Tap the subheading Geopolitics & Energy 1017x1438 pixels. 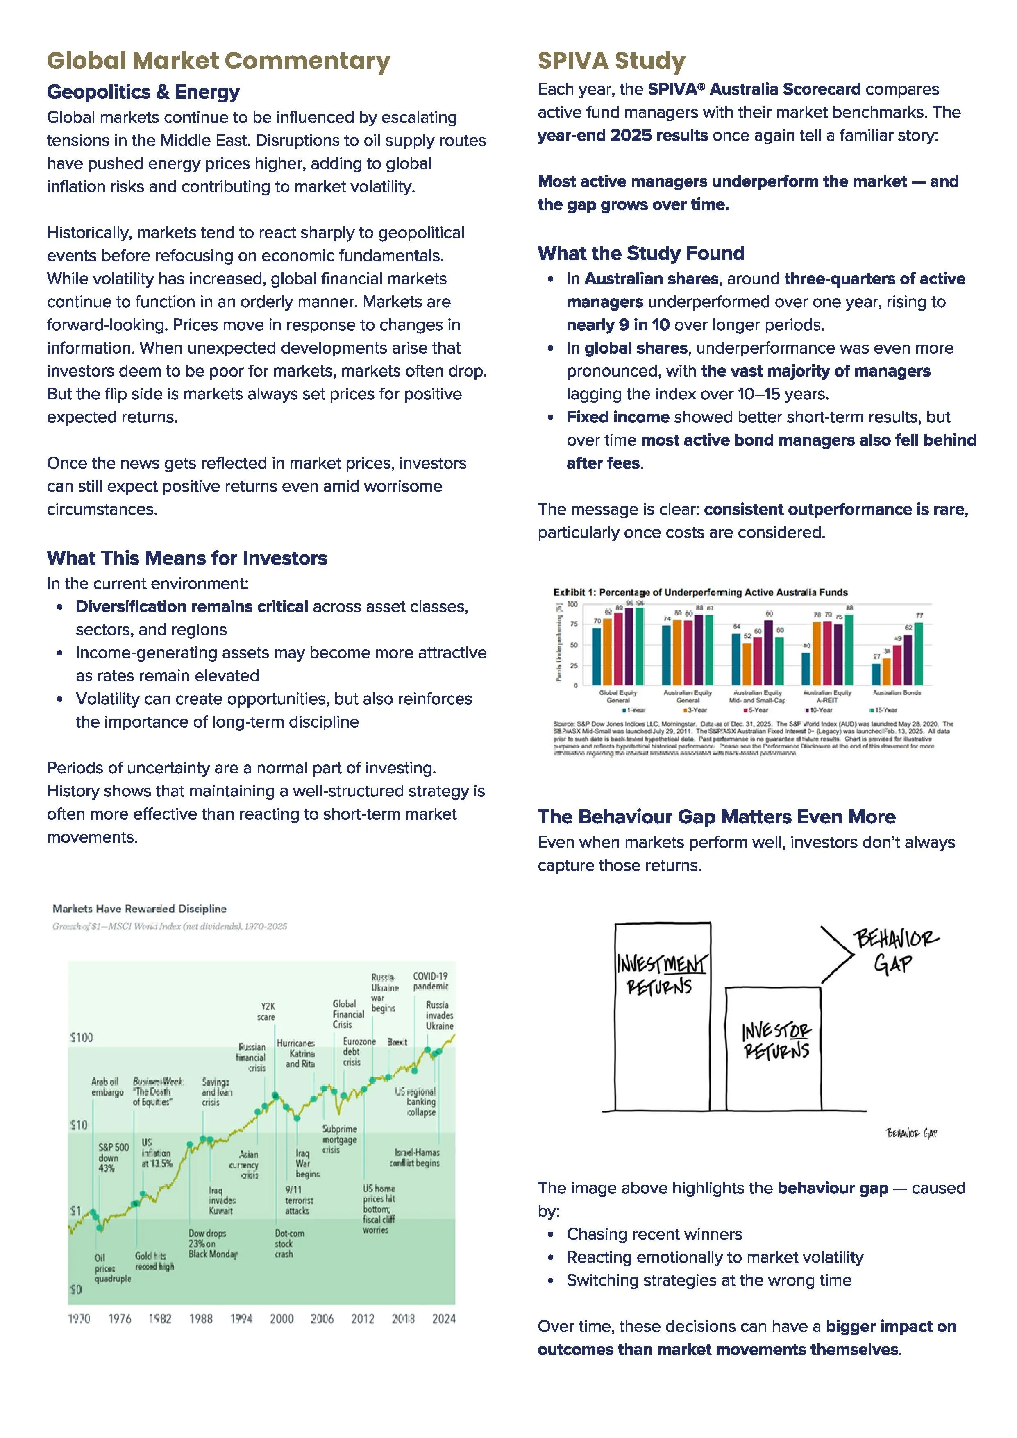coord(143,92)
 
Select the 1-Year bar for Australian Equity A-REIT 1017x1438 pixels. coord(806,669)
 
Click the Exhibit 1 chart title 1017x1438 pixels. coord(700,592)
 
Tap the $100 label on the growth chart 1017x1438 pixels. coord(82,1037)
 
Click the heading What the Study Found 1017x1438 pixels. coord(640,253)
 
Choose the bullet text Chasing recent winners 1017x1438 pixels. coord(654,1234)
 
